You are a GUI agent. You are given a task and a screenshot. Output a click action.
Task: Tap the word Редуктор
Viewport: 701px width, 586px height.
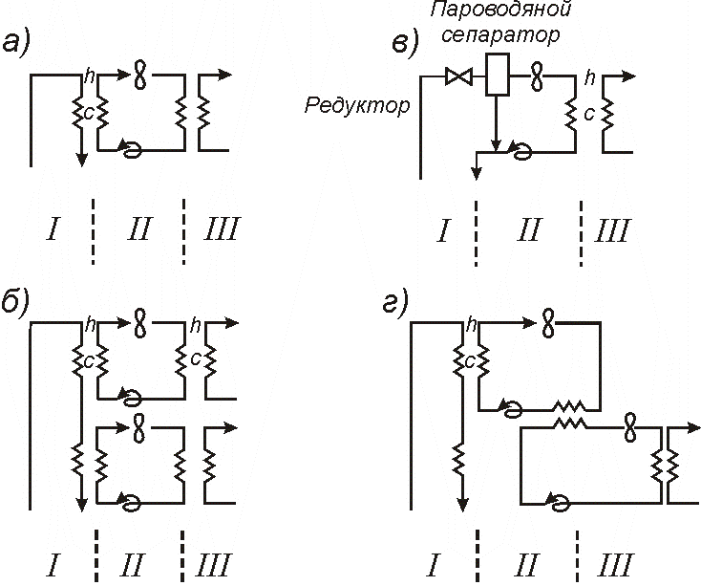click(357, 105)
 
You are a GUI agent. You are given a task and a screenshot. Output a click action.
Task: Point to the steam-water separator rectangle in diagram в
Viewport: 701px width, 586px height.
click(495, 76)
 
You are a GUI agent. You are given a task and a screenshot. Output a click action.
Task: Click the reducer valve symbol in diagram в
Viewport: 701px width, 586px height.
click(457, 77)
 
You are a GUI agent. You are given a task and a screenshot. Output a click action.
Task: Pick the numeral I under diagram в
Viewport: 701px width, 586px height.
click(441, 230)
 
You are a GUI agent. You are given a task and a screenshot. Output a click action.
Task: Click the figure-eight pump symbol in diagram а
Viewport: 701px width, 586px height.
click(140, 74)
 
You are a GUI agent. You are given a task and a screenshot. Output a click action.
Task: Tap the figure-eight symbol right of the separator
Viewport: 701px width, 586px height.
click(537, 74)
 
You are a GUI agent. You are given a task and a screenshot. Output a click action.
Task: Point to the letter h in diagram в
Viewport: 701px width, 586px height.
click(590, 75)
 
